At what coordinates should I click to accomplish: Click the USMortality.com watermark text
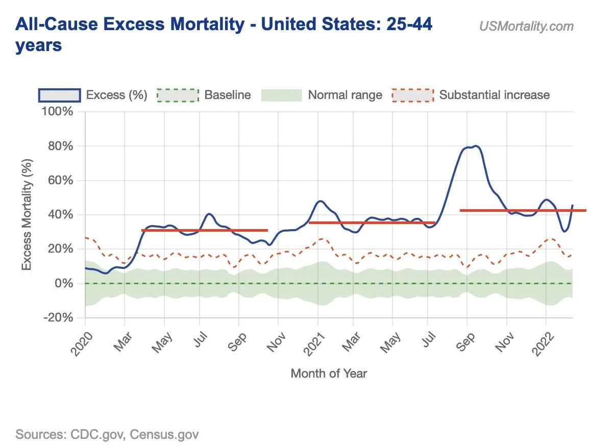click(x=526, y=26)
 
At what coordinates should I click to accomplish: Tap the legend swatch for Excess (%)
click(x=59, y=95)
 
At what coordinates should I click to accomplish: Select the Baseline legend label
click(x=228, y=95)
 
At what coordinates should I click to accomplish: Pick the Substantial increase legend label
click(x=494, y=95)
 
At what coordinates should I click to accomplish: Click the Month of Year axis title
click(x=328, y=374)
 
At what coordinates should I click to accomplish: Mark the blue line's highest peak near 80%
click(x=475, y=146)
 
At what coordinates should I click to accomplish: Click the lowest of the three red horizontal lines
click(x=204, y=230)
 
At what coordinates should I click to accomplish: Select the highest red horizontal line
click(x=523, y=210)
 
